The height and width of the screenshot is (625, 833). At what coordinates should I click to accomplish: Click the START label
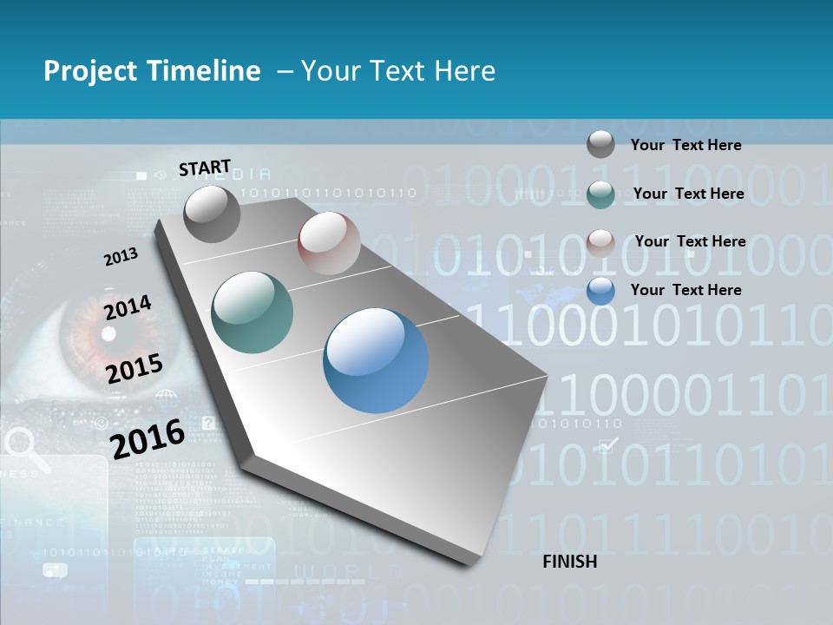(x=205, y=168)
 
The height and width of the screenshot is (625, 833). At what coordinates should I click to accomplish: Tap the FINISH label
(x=569, y=562)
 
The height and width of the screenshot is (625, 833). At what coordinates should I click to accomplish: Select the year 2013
(x=121, y=257)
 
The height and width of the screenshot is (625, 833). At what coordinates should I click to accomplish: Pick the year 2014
(x=128, y=308)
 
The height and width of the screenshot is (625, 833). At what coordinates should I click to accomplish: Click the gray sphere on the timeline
(x=212, y=214)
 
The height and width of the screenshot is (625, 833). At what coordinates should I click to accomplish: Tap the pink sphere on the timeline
(x=329, y=243)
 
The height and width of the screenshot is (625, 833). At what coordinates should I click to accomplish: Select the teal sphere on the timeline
(x=252, y=312)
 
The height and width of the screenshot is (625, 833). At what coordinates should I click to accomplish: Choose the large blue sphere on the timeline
(x=376, y=359)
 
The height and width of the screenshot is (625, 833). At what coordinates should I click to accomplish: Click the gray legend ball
(x=600, y=144)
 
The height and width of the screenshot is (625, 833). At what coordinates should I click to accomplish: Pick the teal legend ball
(x=600, y=194)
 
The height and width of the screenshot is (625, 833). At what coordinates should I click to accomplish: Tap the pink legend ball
(x=600, y=242)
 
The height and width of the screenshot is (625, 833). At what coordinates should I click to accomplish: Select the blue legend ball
(x=600, y=291)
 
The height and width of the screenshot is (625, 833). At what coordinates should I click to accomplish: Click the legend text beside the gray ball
(x=685, y=146)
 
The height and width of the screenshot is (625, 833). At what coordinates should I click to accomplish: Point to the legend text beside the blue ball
(x=685, y=290)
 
